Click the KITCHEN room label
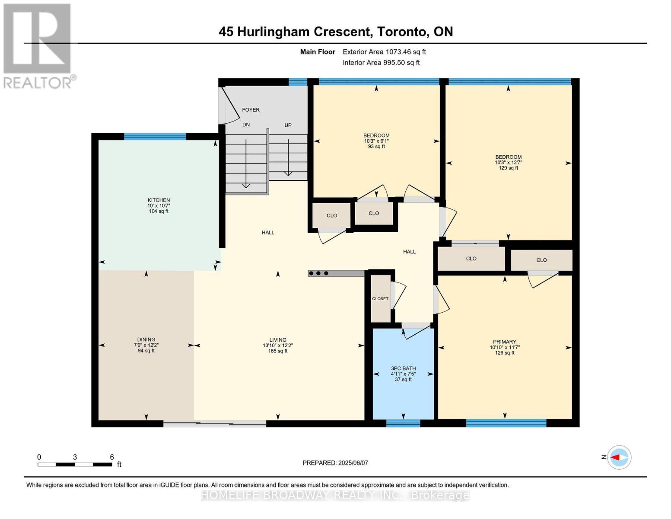point(159,200)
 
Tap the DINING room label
point(146,340)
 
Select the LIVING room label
point(277,340)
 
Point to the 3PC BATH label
point(403,368)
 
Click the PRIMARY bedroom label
point(504,342)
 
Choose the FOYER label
point(251,110)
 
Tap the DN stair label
point(246,125)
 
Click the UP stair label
point(288,125)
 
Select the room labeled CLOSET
point(380,299)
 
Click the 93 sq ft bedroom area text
point(376,147)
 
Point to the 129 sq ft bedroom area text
point(508,168)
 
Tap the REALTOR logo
point(38,45)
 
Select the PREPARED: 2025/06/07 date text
point(335,463)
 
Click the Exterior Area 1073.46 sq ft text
point(384,52)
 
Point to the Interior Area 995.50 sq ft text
point(381,63)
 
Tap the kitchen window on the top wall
point(155,137)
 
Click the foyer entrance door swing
point(229,106)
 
